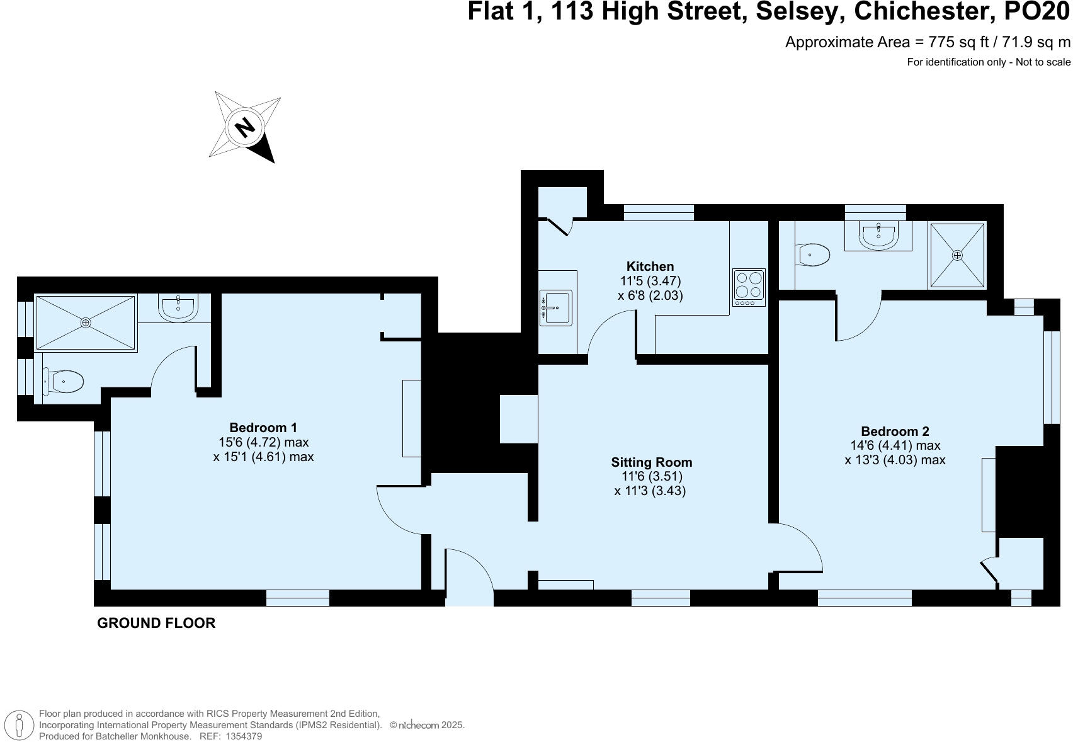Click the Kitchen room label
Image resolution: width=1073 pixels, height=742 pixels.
pos(650,266)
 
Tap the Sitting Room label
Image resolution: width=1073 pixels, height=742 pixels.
pos(651,462)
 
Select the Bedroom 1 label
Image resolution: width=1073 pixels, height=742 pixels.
pos(263,428)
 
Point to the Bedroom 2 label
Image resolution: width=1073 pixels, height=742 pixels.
pos(895,431)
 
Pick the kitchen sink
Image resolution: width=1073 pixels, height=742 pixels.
pos(555,308)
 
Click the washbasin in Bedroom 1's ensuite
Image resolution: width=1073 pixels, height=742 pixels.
pos(178,307)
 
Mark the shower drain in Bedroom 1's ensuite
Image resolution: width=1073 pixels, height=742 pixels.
pos(86,322)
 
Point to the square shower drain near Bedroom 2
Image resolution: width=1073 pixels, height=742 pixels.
pos(957,255)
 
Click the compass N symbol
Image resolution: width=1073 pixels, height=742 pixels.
pos(245,127)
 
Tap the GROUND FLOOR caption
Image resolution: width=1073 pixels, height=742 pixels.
pos(156,623)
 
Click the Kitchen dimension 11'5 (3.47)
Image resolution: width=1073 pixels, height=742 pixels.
pos(650,281)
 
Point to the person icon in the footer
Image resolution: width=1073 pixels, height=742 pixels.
pos(21,725)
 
